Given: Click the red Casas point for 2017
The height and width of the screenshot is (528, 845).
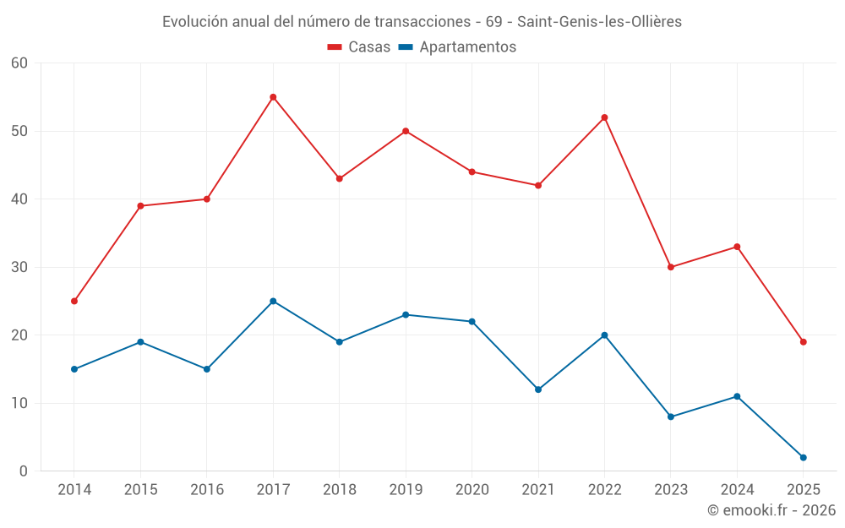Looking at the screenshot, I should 273,97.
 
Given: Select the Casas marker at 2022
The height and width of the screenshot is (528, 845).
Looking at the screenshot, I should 604,117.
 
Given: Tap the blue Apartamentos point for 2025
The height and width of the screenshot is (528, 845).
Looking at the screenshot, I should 803,457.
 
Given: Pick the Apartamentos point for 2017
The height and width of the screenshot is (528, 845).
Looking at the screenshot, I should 273,301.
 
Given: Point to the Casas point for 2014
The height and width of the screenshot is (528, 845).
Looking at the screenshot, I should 74,301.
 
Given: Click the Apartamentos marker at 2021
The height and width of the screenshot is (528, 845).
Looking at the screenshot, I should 538,389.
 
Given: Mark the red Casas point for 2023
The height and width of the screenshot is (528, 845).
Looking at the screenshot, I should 671,267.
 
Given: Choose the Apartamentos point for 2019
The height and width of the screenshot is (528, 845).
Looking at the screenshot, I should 406,314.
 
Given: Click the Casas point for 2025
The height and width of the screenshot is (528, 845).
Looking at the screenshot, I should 803,341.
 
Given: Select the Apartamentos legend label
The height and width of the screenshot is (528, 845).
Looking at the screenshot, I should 467,47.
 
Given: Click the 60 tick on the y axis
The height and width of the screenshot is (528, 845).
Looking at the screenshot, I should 19,63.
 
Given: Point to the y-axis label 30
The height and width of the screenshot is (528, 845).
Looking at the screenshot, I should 19,267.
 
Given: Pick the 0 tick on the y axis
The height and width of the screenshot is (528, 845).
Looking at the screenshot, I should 24,471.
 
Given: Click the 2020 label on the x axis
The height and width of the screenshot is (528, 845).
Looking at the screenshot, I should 472,490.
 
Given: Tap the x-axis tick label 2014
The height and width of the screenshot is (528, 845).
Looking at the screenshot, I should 74,490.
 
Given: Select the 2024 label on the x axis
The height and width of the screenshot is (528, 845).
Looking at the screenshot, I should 737,490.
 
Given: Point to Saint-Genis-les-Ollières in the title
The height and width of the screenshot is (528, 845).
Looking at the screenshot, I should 599,22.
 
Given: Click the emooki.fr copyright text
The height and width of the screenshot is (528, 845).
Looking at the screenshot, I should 771,510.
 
